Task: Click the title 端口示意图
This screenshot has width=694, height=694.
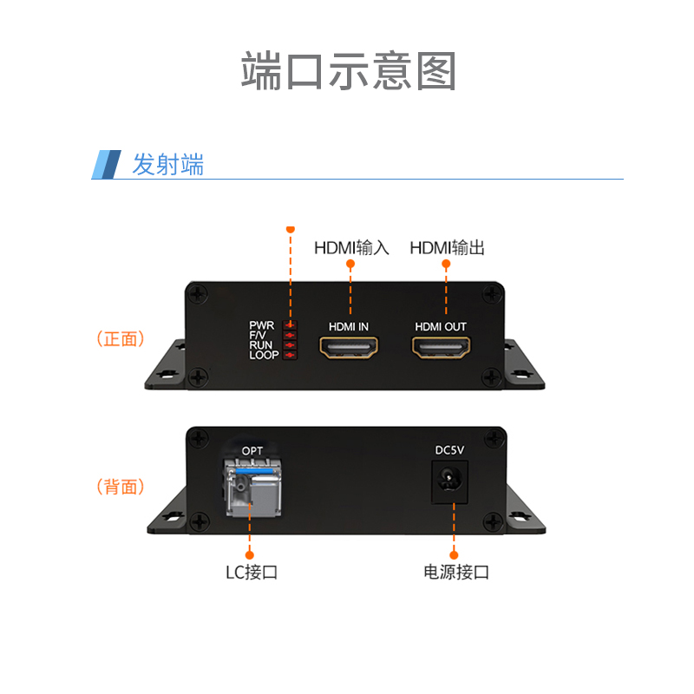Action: pos(348,71)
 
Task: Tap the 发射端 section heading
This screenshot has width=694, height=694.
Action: pos(167,164)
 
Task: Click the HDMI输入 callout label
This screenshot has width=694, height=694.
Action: pos(351,248)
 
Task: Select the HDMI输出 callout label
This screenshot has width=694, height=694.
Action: pos(447,248)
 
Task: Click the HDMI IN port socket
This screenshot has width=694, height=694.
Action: pos(350,349)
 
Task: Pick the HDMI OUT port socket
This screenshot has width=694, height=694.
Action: pos(441,349)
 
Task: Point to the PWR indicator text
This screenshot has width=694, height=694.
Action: pos(262,325)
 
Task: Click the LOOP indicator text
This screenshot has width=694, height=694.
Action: pos(264,355)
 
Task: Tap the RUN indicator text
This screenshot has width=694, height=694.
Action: pos(261,345)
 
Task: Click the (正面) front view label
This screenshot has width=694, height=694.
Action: pos(121,339)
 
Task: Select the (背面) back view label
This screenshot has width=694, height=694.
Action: pos(121,487)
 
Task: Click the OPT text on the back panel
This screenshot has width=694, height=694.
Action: pos(252,450)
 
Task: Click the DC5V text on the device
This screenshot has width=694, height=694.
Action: pos(450,450)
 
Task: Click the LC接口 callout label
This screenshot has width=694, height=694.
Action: pos(251,573)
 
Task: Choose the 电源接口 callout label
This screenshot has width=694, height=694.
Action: pos(456,573)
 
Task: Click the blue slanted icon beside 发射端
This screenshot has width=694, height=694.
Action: pos(107,165)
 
